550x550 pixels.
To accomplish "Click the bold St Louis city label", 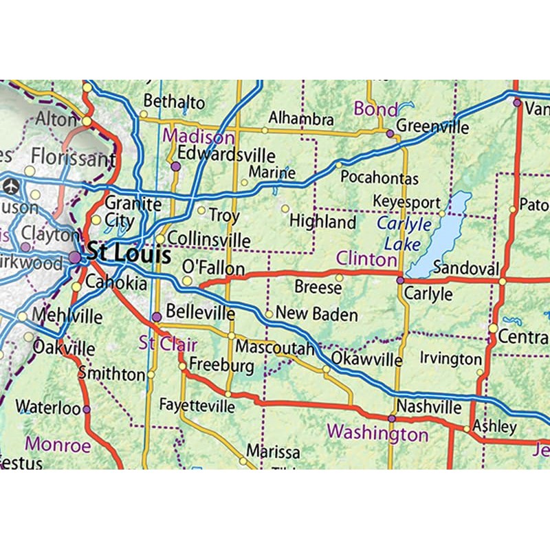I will tap(129, 254).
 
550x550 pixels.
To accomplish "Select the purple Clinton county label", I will tap(366, 259).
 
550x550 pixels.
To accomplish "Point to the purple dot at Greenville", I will tap(390, 134).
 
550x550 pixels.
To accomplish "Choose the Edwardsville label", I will tap(226, 155).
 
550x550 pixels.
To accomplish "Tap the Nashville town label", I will tap(429, 406).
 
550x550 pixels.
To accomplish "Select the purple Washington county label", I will tap(377, 433).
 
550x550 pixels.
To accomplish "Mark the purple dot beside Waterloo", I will tap(87, 409).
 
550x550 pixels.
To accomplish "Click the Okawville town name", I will tap(366, 360).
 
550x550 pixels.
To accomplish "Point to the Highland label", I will tap(322, 222).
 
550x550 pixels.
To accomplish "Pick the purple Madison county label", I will tap(199, 136).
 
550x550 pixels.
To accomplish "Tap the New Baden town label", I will tap(317, 314).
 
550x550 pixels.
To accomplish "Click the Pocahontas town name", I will tap(379, 177).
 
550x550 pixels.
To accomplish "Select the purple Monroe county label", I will tap(58, 444).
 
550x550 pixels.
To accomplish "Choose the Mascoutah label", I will tap(274, 347).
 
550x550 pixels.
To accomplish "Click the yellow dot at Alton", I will tap(87, 121).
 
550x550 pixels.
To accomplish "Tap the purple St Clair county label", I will tap(168, 343).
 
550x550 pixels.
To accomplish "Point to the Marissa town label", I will tap(273, 452).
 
